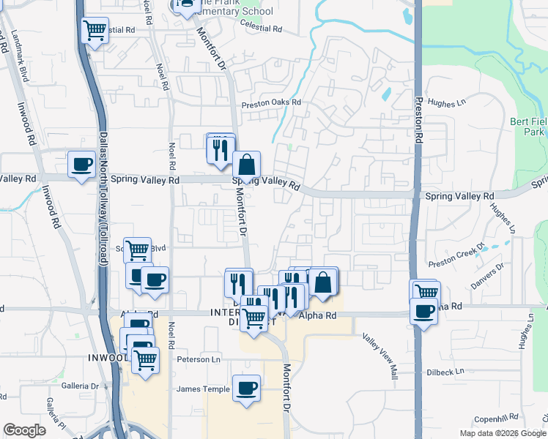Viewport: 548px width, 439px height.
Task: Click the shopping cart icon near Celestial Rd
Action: click(95, 31)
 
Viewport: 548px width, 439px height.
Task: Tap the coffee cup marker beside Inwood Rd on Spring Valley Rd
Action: click(81, 164)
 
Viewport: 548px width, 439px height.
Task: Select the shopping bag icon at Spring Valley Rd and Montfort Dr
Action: click(247, 164)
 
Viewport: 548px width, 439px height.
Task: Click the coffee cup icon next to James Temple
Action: click(246, 388)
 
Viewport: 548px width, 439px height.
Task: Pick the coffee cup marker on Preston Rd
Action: click(423, 311)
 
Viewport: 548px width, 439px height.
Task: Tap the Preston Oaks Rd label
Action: click(271, 102)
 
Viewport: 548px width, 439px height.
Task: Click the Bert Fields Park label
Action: click(527, 126)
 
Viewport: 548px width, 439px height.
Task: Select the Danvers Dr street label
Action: click(487, 275)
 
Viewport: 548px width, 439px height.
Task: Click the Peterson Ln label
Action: click(199, 359)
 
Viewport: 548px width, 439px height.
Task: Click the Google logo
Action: click(24, 429)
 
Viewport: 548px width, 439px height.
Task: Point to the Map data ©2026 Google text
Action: click(503, 433)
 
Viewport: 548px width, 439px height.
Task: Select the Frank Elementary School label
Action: click(234, 11)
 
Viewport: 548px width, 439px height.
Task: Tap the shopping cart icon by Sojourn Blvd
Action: click(137, 250)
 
